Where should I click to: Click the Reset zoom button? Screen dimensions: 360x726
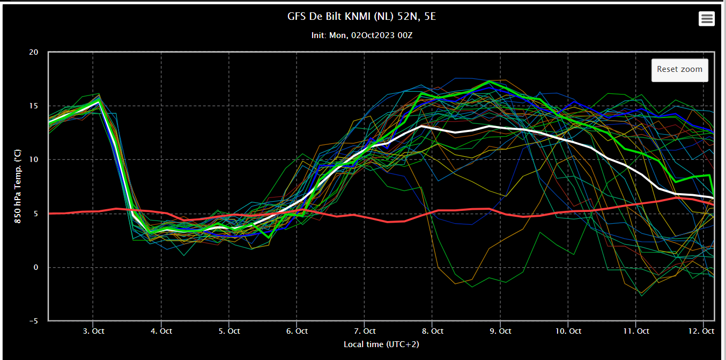[679, 70]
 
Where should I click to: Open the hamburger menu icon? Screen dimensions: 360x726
[707, 19]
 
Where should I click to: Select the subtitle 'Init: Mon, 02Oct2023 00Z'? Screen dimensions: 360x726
[362, 35]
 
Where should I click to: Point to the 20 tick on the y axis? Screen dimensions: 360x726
[34, 52]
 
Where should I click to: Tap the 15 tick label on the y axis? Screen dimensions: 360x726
[34, 106]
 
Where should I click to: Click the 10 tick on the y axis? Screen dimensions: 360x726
[34, 159]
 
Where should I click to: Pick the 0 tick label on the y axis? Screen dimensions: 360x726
[36, 267]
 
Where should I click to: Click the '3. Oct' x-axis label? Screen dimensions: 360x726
[94, 331]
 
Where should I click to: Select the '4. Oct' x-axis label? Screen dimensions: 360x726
[161, 331]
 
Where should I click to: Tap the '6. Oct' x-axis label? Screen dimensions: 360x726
[297, 331]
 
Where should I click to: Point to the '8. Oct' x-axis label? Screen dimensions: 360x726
[433, 331]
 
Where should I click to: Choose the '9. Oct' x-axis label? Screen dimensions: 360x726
[500, 331]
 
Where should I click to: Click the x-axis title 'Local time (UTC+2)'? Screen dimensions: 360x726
[381, 344]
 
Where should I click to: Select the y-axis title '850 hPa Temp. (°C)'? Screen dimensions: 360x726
[18, 186]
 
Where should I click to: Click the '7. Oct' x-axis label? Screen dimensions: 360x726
[365, 331]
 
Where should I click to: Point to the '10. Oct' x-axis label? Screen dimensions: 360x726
[568, 331]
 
